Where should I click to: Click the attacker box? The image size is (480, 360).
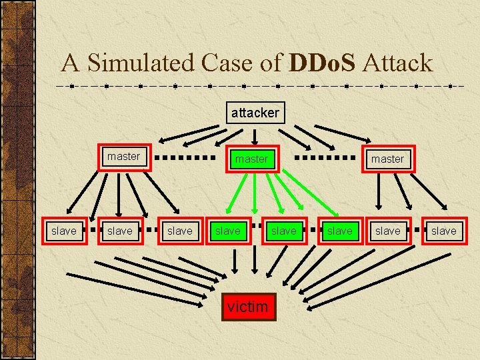pyautogui.click(x=255, y=113)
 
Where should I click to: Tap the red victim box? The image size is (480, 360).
pyautogui.click(x=247, y=307)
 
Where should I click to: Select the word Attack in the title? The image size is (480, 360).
pyautogui.click(x=399, y=63)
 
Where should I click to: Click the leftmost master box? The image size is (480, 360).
pyautogui.click(x=124, y=157)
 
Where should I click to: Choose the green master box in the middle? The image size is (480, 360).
pyautogui.click(x=251, y=159)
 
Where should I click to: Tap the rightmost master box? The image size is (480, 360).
pyautogui.click(x=387, y=159)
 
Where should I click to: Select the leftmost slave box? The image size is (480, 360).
pyautogui.click(x=64, y=231)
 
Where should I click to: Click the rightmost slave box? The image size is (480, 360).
pyautogui.click(x=443, y=231)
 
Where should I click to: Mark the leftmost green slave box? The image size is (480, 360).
pyautogui.click(x=227, y=231)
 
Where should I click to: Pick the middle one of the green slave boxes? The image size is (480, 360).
pyautogui.click(x=283, y=231)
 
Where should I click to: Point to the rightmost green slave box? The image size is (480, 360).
pyautogui.click(x=339, y=231)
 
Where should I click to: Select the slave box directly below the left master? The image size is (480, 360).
pyautogui.click(x=120, y=231)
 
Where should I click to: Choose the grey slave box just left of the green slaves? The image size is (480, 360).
pyautogui.click(x=179, y=231)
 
